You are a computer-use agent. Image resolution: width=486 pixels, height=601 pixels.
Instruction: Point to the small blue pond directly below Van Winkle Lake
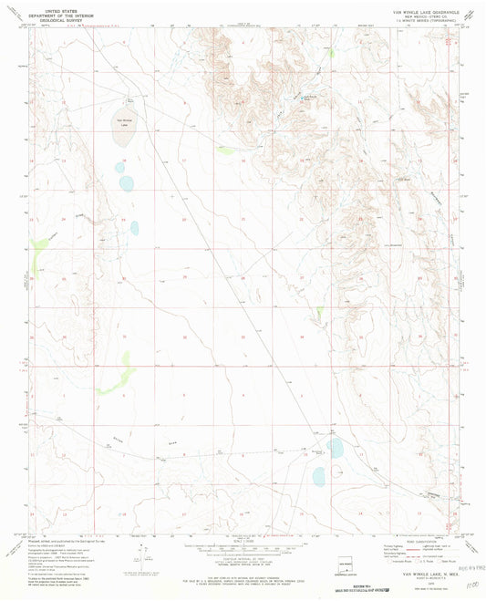pyautogui.click(x=119, y=167)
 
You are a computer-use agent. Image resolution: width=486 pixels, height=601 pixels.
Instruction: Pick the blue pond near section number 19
pyautogui.click(x=134, y=228)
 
